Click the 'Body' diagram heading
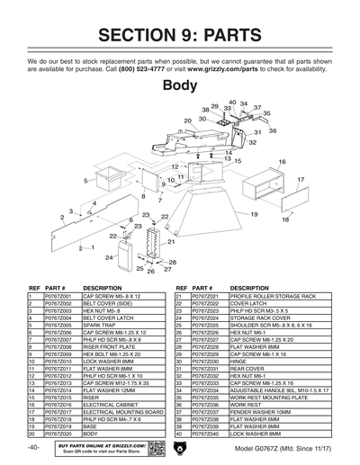(x=179, y=86)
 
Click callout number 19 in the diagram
(x=255, y=214)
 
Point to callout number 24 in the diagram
(x=109, y=257)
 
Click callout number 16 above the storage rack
(x=282, y=162)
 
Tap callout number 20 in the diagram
(x=189, y=120)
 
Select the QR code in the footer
(x=154, y=447)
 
